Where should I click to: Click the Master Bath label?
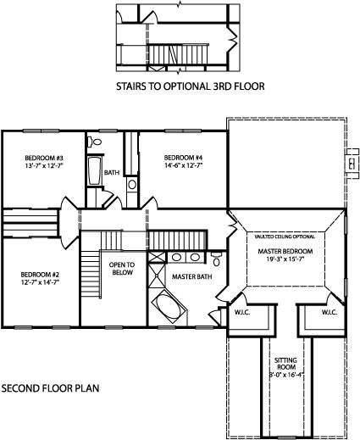(191, 276)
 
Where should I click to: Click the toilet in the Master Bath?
(216, 254)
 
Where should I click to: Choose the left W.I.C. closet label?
(244, 312)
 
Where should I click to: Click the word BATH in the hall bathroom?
(112, 172)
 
